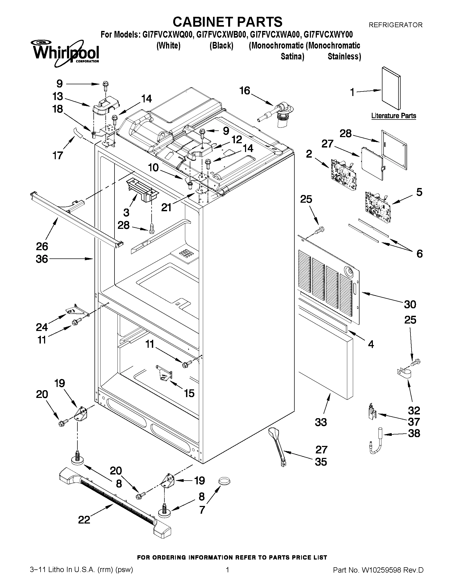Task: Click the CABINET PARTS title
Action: [227, 22]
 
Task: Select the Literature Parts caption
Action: [393, 116]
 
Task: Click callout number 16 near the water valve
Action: [245, 91]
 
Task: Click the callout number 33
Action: [321, 422]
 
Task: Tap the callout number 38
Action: [414, 433]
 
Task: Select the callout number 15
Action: [189, 393]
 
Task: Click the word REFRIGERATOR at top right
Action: [395, 25]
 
